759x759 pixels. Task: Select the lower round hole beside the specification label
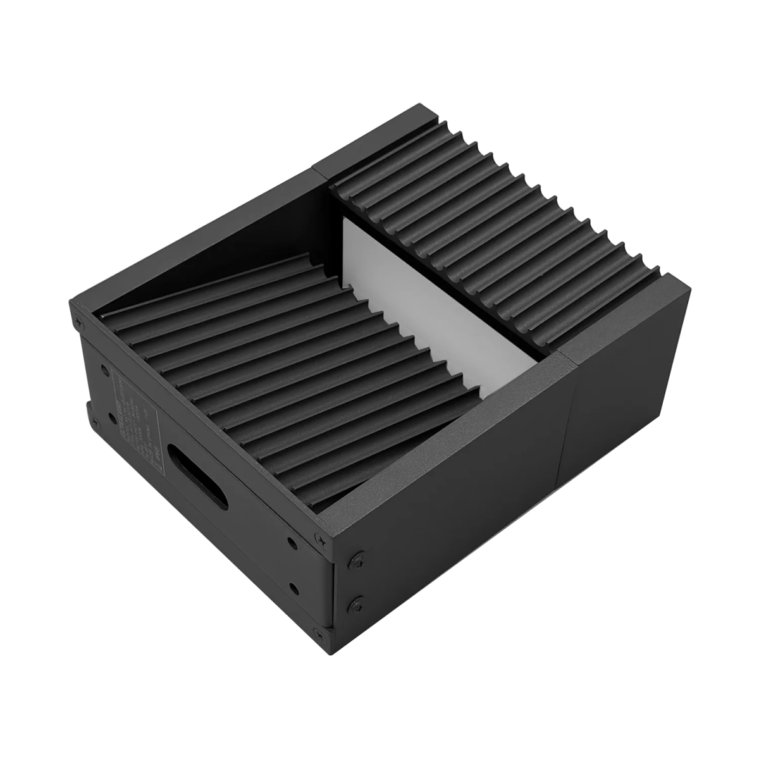[x=95, y=420]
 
